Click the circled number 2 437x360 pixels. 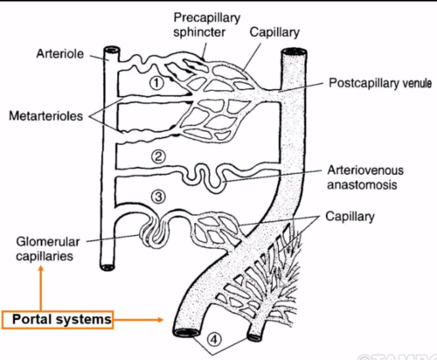click(x=158, y=157)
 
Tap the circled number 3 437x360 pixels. click(x=158, y=197)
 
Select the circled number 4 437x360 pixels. click(x=214, y=339)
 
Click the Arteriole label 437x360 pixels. click(x=60, y=54)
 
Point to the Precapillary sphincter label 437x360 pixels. click(x=206, y=25)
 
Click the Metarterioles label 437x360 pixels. click(x=46, y=116)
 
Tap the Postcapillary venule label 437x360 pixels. click(x=380, y=83)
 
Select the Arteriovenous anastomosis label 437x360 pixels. click(x=365, y=178)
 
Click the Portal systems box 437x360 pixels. click(x=58, y=319)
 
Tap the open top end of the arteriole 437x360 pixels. click(x=112, y=49)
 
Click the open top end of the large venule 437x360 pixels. click(x=294, y=51)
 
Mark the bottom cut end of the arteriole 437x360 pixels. click(x=108, y=267)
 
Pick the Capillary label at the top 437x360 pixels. click(x=274, y=32)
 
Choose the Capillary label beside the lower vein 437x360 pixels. click(x=350, y=217)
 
